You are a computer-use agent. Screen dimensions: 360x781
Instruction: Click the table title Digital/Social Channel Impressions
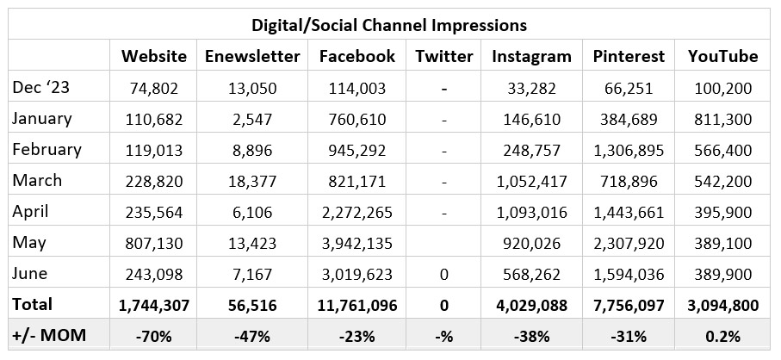[x=390, y=24]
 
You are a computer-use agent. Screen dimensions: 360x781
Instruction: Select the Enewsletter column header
[x=252, y=57]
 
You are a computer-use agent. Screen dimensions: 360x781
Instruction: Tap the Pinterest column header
[x=629, y=57]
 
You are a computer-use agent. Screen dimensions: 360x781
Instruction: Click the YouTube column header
[x=722, y=57]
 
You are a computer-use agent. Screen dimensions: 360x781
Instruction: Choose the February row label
[x=46, y=150]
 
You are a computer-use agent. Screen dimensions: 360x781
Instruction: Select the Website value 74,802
[x=153, y=88]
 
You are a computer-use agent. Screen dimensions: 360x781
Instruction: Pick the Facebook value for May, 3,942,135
[x=357, y=243]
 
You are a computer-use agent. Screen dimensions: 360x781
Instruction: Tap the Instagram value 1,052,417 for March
[x=531, y=181]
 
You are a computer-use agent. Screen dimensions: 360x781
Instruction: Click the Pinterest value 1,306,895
[x=629, y=150]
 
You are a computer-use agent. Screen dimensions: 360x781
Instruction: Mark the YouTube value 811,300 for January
[x=722, y=119]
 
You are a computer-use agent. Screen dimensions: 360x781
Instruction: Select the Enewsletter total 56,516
[x=252, y=305]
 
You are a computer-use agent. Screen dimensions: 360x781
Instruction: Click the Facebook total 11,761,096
[x=357, y=305]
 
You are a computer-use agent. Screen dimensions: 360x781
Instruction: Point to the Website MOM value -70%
[x=153, y=336]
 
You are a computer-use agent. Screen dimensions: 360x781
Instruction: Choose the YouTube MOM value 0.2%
[x=722, y=336]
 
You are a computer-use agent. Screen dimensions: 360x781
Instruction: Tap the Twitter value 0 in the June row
[x=443, y=274]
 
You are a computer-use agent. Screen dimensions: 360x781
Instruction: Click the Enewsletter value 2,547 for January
[x=252, y=119]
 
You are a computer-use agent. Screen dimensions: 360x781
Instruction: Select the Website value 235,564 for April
[x=153, y=212]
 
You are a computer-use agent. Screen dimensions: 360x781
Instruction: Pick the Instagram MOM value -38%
[x=531, y=336]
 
